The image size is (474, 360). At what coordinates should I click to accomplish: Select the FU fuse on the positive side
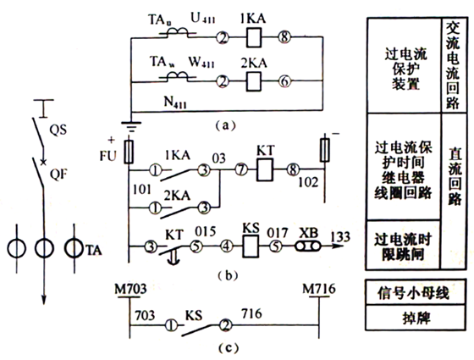point(130,152)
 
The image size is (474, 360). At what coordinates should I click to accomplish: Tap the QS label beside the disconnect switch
point(58,132)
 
